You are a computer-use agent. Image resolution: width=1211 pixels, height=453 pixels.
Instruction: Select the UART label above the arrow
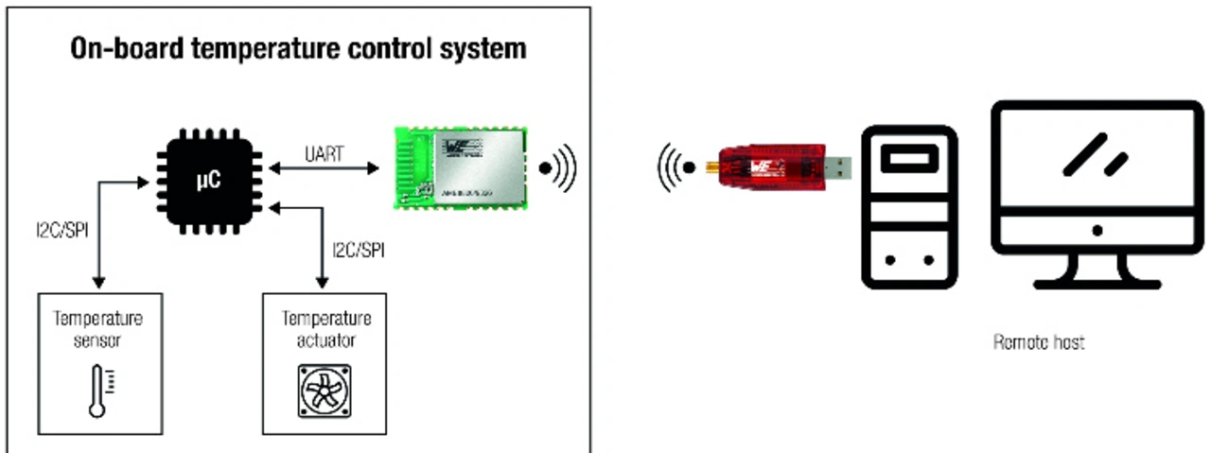pyautogui.click(x=324, y=152)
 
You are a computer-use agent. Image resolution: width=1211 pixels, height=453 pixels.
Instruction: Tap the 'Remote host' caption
pyautogui.click(x=1038, y=342)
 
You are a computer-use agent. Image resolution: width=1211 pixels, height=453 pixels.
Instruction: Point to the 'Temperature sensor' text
pyautogui.click(x=97, y=328)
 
